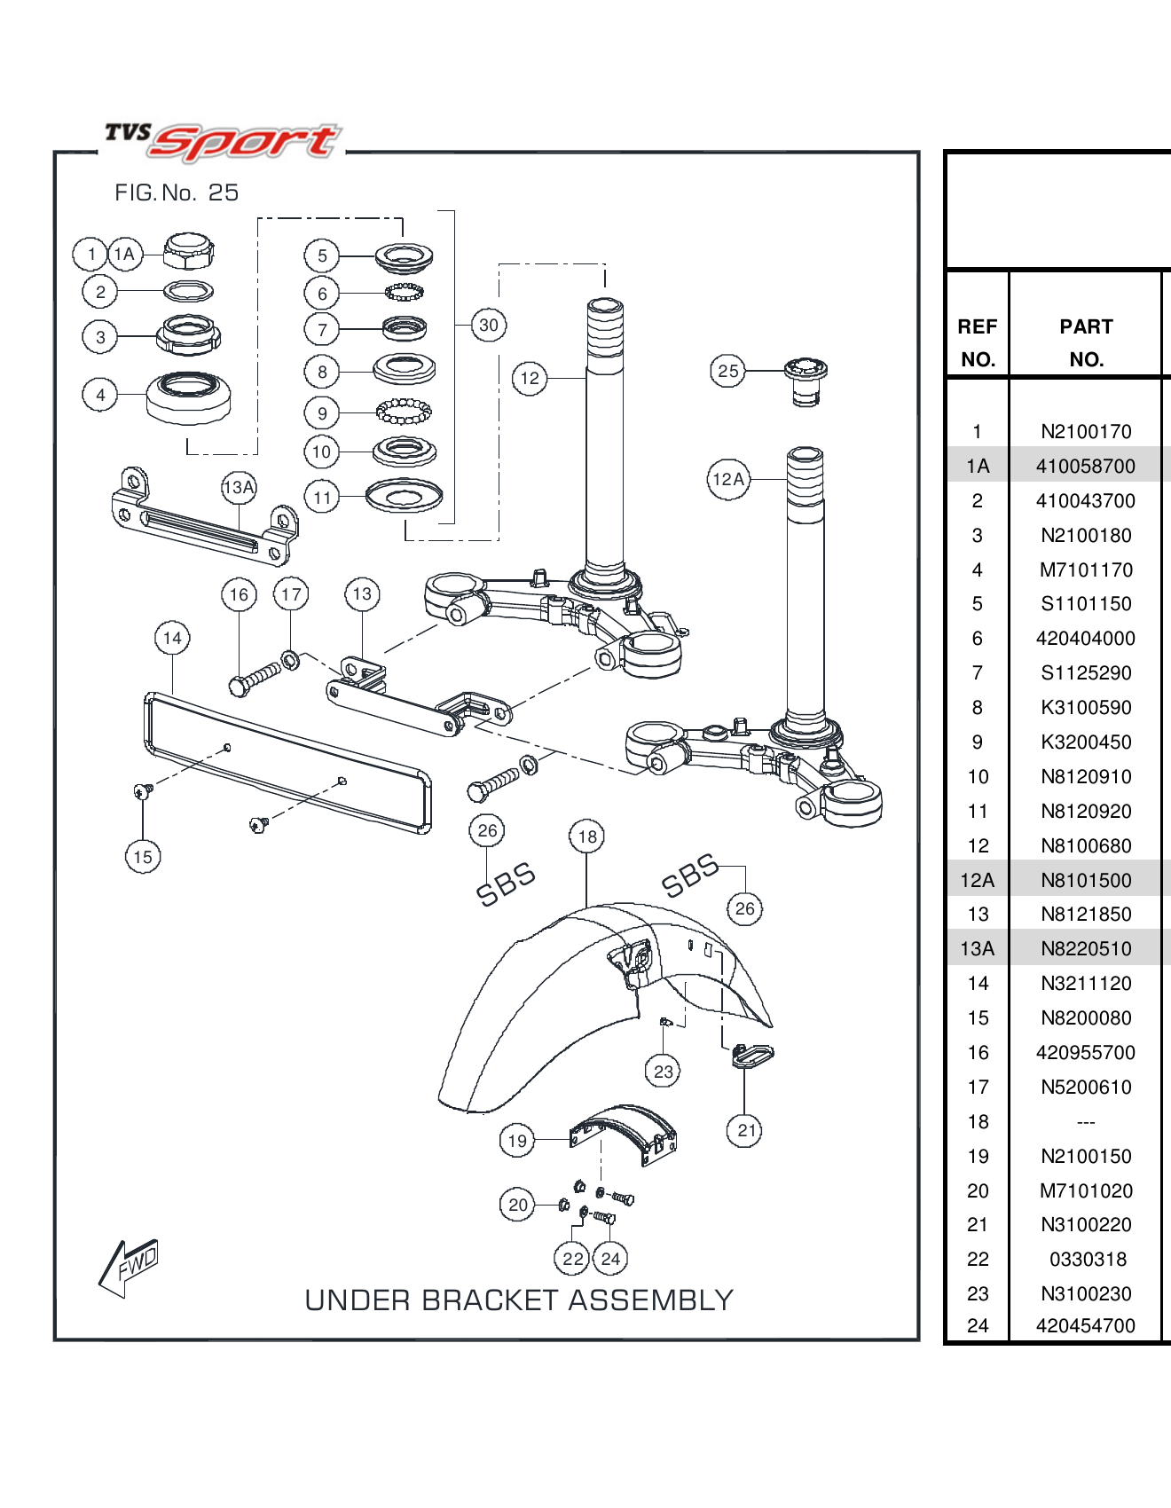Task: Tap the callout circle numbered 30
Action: (x=489, y=325)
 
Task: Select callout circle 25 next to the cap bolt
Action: (x=727, y=371)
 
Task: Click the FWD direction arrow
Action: (x=130, y=1266)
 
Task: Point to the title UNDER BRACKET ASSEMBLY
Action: (x=519, y=1300)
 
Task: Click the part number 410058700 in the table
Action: (x=1086, y=467)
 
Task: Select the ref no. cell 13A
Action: (x=977, y=949)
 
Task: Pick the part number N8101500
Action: (x=1086, y=881)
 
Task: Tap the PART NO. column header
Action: (x=1086, y=342)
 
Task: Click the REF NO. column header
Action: (x=977, y=342)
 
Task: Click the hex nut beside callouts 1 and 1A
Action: (x=189, y=252)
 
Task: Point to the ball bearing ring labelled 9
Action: (x=404, y=412)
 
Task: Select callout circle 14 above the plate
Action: (x=172, y=638)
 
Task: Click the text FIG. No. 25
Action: (x=177, y=192)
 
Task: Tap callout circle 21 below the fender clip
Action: (x=746, y=1130)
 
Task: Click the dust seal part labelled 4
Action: (x=188, y=397)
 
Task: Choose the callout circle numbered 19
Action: (x=517, y=1141)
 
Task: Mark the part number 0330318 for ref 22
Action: (x=1088, y=1260)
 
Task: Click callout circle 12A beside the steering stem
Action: (x=728, y=479)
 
